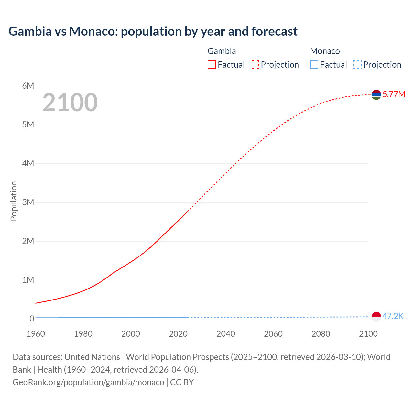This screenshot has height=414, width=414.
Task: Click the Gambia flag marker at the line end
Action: click(376, 95)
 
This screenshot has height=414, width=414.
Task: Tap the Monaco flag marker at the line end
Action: click(376, 317)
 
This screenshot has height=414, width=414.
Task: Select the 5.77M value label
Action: click(394, 94)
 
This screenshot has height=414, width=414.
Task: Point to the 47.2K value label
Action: click(393, 316)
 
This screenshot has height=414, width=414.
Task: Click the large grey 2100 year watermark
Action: click(70, 103)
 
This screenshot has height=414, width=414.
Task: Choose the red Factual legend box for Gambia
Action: click(212, 65)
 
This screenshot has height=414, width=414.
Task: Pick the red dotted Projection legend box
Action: click(255, 65)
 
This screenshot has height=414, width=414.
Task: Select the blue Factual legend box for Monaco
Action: click(314, 65)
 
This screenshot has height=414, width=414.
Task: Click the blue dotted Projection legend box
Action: click(357, 65)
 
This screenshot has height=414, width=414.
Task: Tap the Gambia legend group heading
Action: click(222, 51)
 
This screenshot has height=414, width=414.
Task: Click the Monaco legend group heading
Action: click(325, 51)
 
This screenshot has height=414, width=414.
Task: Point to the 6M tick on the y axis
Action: click(28, 86)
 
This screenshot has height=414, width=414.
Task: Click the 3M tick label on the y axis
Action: click(28, 202)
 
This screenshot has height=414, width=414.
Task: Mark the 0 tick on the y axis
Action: click(32, 319)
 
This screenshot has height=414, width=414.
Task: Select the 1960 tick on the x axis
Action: click(36, 334)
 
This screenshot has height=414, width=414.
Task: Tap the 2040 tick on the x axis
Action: click(226, 334)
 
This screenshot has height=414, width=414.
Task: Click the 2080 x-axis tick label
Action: click(321, 334)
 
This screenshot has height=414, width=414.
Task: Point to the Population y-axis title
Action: click(14, 201)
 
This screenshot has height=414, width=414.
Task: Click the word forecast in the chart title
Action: click(274, 31)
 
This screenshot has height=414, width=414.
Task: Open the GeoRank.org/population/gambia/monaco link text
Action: click(88, 382)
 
